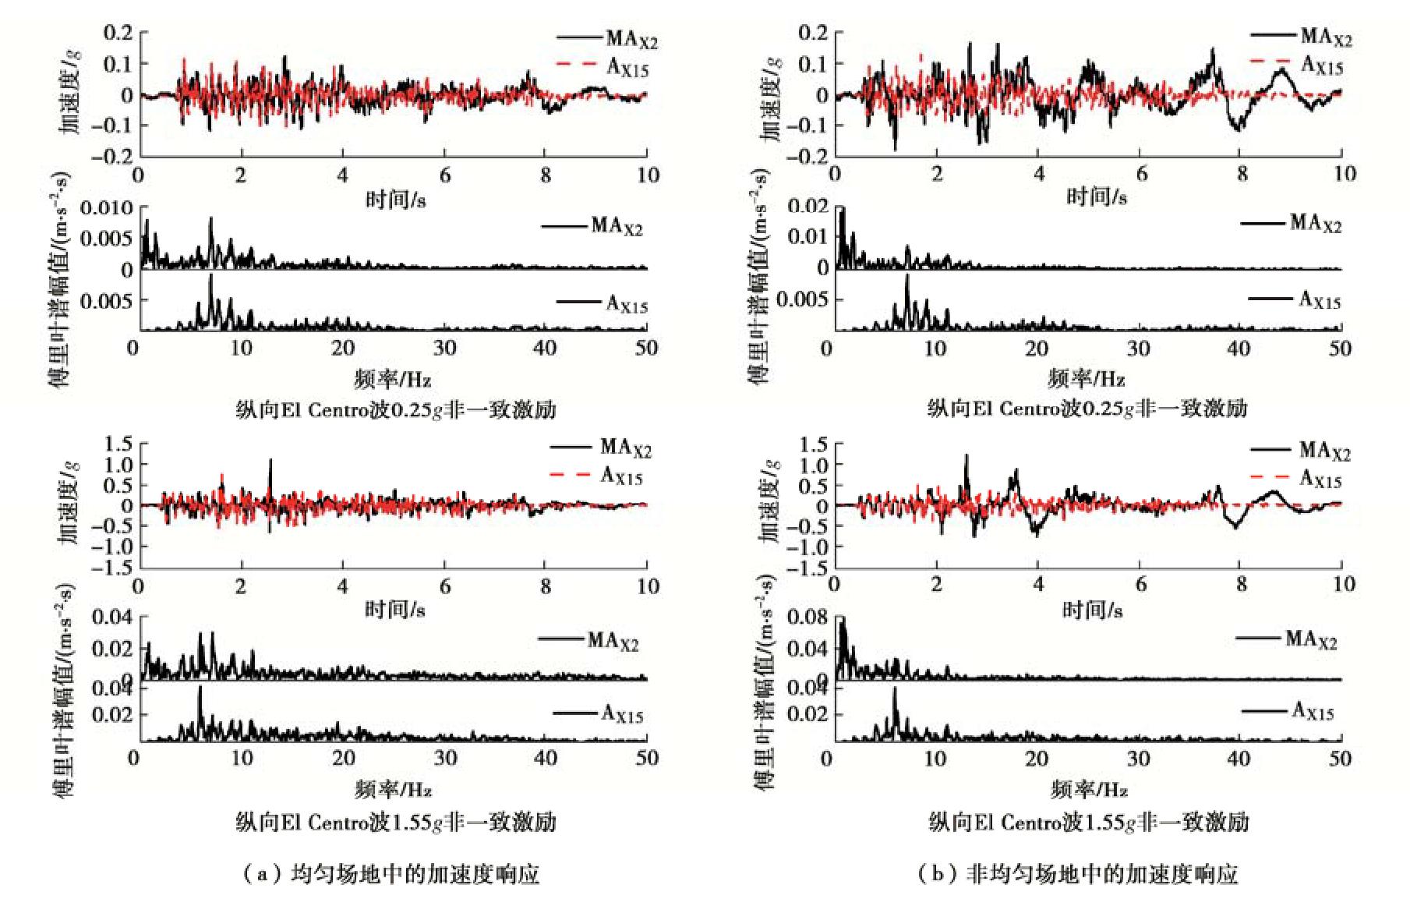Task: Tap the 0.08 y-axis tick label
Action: point(807,618)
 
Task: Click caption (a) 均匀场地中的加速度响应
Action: point(390,874)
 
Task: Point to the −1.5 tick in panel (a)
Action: point(112,568)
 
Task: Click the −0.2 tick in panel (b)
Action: point(809,157)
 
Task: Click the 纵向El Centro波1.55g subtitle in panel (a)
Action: point(395,822)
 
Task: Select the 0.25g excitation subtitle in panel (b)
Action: point(1087,409)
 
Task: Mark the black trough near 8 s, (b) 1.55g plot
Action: point(1235,526)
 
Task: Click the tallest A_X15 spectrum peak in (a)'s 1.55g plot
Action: point(200,688)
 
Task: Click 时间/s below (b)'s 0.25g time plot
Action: point(1096,196)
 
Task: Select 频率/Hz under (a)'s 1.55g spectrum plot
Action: point(393,790)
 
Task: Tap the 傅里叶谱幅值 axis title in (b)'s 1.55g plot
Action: point(768,682)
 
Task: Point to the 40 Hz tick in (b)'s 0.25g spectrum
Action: point(1239,349)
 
